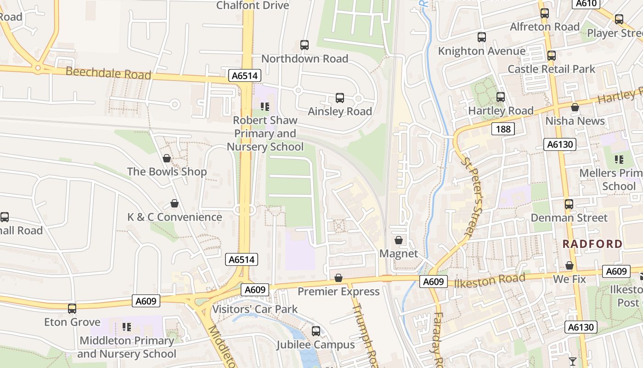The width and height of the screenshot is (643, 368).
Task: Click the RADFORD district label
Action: point(592,244)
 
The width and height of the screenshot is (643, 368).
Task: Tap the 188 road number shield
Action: point(503,129)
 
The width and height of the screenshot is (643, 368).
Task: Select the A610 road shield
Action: point(586,4)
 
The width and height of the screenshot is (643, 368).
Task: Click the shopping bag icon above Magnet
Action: point(399,240)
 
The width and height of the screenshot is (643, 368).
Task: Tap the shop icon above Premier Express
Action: point(338,278)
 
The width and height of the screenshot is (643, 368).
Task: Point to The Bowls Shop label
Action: point(167,172)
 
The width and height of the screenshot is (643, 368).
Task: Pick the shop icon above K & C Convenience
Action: point(175,203)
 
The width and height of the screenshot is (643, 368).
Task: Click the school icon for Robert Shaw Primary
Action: point(265,107)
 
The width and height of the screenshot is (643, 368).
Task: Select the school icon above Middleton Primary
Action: point(127,327)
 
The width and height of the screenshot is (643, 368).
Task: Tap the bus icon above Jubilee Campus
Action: point(316,331)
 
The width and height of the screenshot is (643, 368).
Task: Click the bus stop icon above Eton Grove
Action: point(72,308)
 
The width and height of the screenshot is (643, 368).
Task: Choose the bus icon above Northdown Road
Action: point(305,45)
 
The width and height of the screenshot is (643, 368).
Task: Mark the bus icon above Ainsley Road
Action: point(340,98)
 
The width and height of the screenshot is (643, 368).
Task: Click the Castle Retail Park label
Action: point(551,69)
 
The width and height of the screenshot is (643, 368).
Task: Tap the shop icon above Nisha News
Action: point(575,107)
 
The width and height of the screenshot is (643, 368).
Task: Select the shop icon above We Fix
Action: point(570,265)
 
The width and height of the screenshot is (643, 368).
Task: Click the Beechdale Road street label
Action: point(108,73)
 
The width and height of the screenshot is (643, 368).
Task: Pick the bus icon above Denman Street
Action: point(569,204)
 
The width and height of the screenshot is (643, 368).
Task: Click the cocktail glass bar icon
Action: point(573,361)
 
